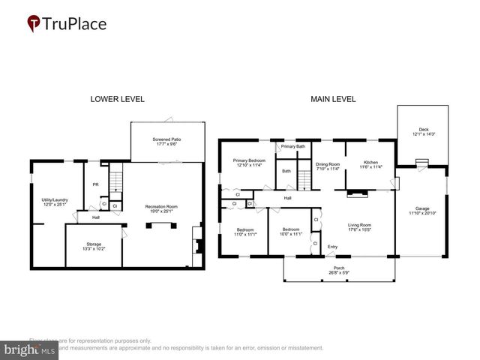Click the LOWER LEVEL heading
(x=117, y=99)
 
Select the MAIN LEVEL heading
(x=334, y=99)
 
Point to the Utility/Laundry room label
(x=56, y=199)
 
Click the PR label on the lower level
(x=96, y=184)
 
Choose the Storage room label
(x=93, y=244)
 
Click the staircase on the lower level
(x=115, y=181)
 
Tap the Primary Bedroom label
(x=249, y=160)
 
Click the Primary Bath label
(x=293, y=146)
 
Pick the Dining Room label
(x=328, y=164)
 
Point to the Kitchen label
(x=371, y=163)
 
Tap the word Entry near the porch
(x=332, y=247)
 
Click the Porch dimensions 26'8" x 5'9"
(x=340, y=272)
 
